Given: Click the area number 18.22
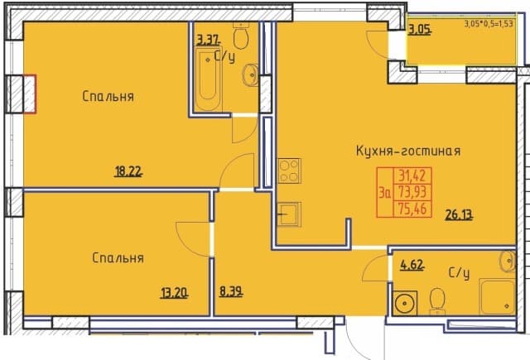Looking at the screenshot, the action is (x=128, y=172).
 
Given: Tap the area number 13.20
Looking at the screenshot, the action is (x=174, y=293).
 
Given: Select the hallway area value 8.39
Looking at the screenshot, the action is (x=231, y=291).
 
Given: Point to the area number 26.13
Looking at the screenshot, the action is (x=459, y=215).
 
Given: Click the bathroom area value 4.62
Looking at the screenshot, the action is (x=412, y=265).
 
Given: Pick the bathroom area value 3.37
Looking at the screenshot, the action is (x=208, y=41).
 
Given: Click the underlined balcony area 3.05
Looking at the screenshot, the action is (x=420, y=30).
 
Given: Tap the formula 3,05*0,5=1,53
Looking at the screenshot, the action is (x=489, y=24).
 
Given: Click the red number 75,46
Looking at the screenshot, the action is (x=412, y=209).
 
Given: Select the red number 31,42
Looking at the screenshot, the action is (x=412, y=175).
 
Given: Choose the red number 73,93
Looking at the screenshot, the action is (x=412, y=192).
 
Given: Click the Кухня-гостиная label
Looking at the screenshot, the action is (x=408, y=151).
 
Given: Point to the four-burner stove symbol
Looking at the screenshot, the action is (x=289, y=170).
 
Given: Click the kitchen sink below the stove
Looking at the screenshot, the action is (x=289, y=214).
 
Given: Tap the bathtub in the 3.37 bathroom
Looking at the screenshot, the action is (x=208, y=79).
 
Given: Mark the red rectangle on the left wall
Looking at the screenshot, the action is (x=30, y=94).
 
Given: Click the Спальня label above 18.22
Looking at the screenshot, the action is (x=108, y=97).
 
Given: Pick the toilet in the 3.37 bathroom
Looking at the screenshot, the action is (x=241, y=35).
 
